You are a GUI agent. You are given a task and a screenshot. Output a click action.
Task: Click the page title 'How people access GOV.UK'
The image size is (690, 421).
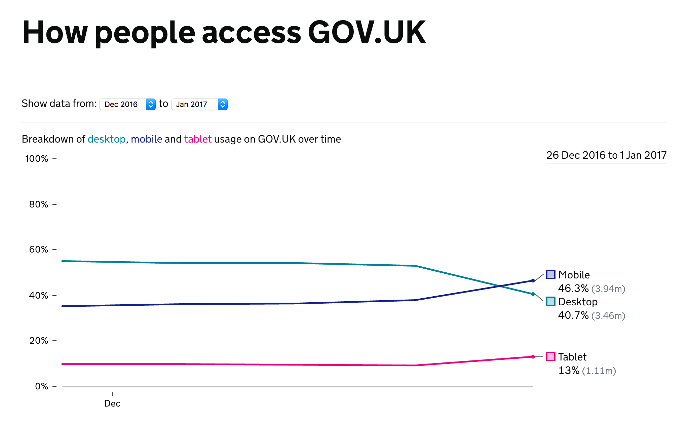click(224, 33)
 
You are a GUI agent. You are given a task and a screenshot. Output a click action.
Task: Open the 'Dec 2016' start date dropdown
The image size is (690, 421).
click(127, 104)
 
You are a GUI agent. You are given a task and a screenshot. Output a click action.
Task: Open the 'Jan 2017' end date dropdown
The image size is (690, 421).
click(199, 104)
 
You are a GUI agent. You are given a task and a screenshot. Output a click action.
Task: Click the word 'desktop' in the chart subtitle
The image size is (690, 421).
click(107, 139)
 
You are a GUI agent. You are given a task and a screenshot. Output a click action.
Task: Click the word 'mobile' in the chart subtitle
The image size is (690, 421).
click(147, 139)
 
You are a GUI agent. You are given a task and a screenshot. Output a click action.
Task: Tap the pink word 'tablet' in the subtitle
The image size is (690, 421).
click(198, 139)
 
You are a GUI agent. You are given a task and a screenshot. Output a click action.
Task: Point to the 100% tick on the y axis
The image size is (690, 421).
click(37, 159)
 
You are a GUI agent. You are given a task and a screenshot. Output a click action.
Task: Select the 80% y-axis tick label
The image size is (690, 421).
click(39, 204)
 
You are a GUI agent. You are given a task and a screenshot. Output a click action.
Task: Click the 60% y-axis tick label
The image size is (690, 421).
click(39, 250)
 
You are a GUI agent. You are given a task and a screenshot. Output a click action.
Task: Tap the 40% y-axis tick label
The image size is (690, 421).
click(39, 296)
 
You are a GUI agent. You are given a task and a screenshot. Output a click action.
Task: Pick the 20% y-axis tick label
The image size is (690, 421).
click(39, 341)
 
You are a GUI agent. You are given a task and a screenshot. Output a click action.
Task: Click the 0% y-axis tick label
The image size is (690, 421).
click(42, 386)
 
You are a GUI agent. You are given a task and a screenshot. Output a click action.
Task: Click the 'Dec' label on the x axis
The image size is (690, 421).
click(112, 404)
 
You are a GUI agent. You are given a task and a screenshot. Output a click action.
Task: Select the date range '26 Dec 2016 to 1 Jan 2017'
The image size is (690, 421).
click(606, 155)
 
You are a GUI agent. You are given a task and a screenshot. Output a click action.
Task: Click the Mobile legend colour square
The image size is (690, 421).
click(551, 275)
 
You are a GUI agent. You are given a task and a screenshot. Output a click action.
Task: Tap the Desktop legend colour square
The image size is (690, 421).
click(551, 302)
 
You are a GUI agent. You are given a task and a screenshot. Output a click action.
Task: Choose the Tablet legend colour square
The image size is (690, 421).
click(551, 356)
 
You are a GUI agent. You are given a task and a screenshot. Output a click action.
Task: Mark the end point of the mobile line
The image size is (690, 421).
click(533, 280)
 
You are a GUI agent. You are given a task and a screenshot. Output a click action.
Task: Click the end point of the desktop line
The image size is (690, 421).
click(533, 294)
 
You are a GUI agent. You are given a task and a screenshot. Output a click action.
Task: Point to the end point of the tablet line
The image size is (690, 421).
click(533, 356)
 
